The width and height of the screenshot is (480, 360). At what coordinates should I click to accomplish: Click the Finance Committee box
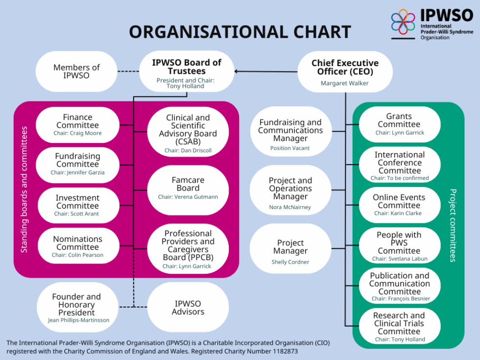click(77, 124)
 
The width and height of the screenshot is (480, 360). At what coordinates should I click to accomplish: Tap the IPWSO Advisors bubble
click(188, 308)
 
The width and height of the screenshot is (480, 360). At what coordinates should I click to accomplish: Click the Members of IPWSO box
click(76, 72)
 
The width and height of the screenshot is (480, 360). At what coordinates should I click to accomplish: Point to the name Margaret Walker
click(345, 83)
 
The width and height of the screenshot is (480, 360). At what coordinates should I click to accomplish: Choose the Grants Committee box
click(399, 124)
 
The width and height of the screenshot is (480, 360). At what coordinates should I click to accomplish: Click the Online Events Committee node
click(399, 205)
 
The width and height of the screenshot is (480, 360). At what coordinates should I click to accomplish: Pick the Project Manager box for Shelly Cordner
click(290, 251)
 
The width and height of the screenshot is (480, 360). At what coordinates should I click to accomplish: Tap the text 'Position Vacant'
click(290, 148)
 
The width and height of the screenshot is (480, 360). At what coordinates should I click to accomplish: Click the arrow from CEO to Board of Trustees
click(267, 72)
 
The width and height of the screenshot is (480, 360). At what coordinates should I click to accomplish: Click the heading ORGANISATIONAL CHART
click(240, 32)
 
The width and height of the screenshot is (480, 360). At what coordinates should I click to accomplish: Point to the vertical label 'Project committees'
click(453, 225)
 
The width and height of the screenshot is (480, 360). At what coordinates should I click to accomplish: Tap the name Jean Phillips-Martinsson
click(78, 320)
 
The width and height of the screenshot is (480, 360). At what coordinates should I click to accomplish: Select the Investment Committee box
click(77, 205)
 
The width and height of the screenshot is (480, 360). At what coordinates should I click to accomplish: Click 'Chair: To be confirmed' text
click(400, 178)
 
